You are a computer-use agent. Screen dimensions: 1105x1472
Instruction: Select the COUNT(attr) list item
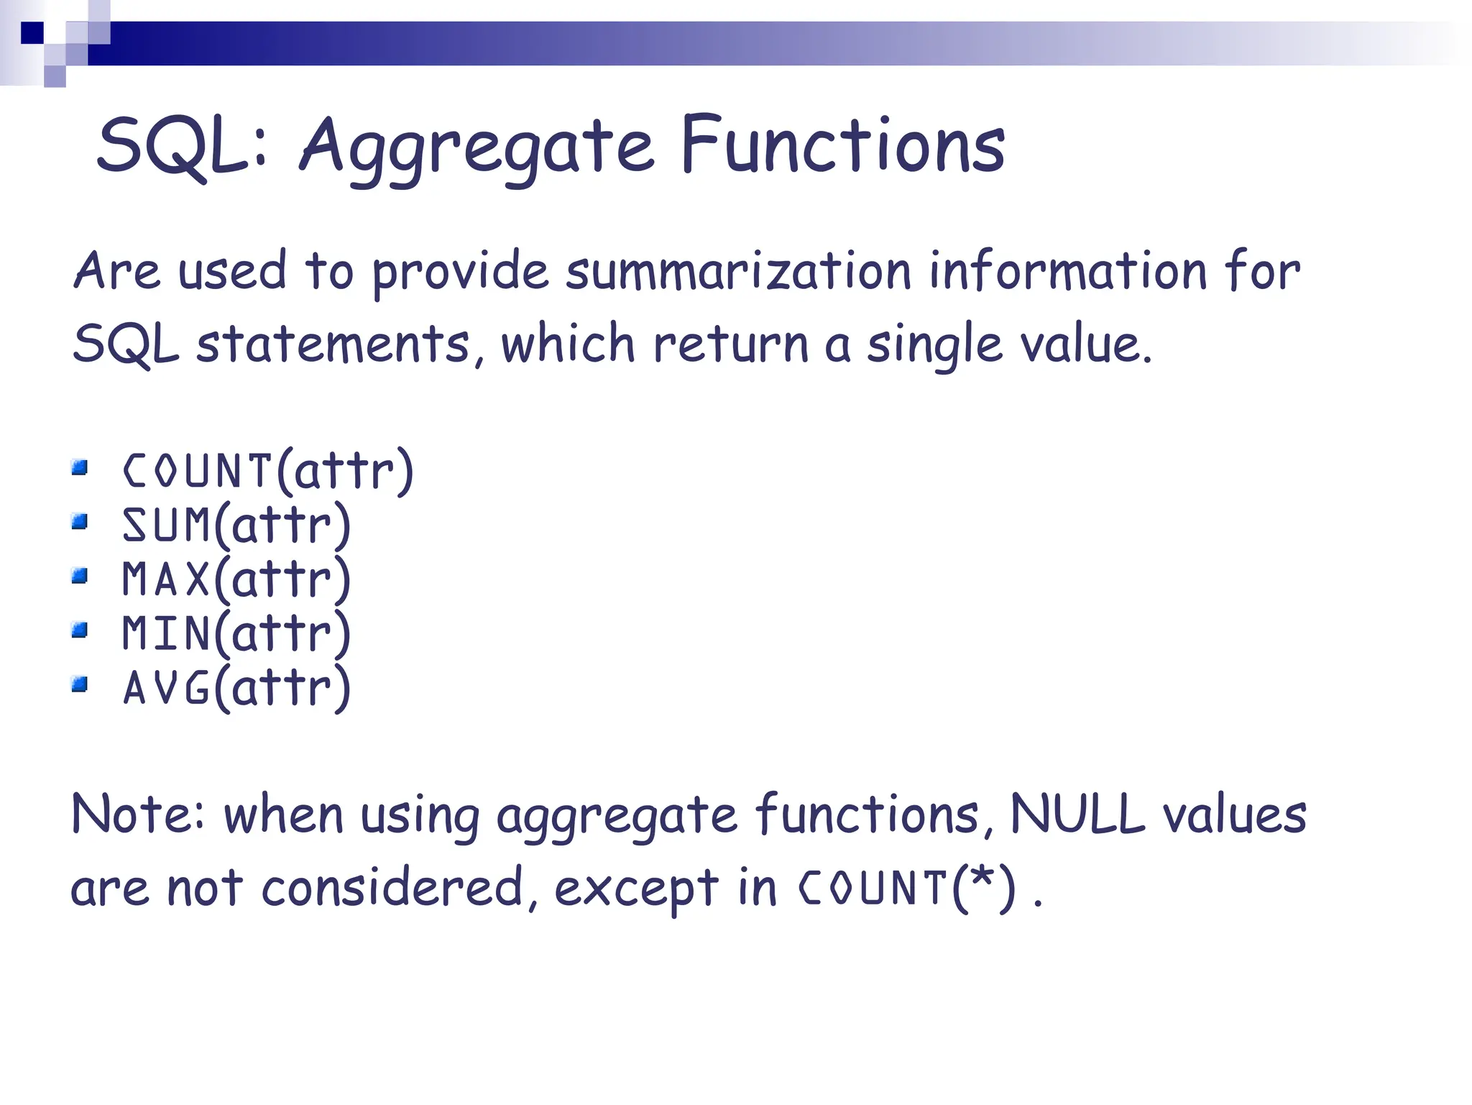(268, 471)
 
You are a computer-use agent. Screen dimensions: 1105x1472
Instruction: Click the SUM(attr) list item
(236, 525)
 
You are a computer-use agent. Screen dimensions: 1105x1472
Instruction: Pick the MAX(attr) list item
(236, 579)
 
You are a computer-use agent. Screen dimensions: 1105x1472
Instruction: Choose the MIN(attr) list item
(236, 633)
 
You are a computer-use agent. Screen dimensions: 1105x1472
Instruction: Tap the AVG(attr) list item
(236, 688)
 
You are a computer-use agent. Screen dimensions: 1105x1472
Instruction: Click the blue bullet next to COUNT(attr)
(80, 468)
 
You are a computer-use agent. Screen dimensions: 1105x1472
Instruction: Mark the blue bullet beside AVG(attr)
(80, 684)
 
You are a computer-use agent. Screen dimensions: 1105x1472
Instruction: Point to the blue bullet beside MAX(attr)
(80, 576)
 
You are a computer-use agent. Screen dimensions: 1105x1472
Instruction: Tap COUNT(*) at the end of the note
(908, 888)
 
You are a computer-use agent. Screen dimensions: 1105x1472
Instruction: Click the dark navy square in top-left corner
(32, 33)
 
